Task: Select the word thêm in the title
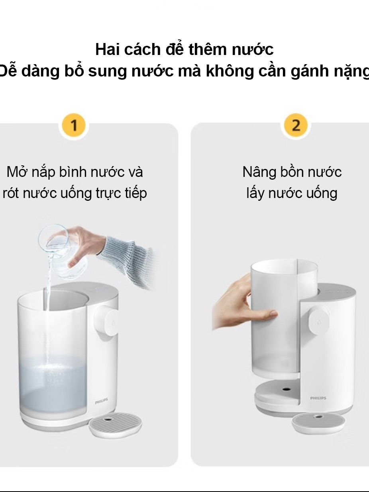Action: click(x=208, y=49)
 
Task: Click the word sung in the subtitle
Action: click(x=107, y=71)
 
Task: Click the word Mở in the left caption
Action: click(x=18, y=172)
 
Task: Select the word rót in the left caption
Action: click(x=11, y=193)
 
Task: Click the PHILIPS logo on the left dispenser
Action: click(x=101, y=401)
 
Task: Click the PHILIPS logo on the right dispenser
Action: click(x=318, y=398)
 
